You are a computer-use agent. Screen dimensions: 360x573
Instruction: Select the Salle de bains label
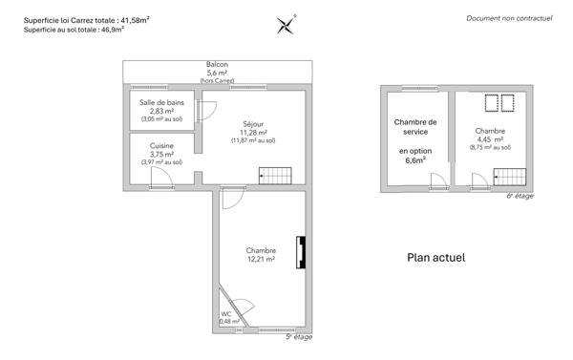pyautogui.click(x=161, y=102)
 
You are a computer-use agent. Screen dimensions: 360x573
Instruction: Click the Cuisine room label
pyautogui.click(x=161, y=145)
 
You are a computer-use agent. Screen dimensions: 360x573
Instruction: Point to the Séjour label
pyautogui.click(x=253, y=124)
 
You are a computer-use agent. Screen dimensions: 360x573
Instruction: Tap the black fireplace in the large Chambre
pyautogui.click(x=302, y=252)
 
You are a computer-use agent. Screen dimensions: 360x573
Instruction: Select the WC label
pyautogui.click(x=226, y=313)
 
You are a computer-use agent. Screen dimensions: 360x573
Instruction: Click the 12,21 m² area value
pyautogui.click(x=260, y=259)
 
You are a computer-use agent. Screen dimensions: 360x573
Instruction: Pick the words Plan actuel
pyautogui.click(x=436, y=256)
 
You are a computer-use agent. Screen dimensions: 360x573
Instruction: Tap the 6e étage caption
pyautogui.click(x=520, y=197)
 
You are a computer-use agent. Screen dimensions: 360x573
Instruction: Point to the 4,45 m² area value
pyautogui.click(x=490, y=139)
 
